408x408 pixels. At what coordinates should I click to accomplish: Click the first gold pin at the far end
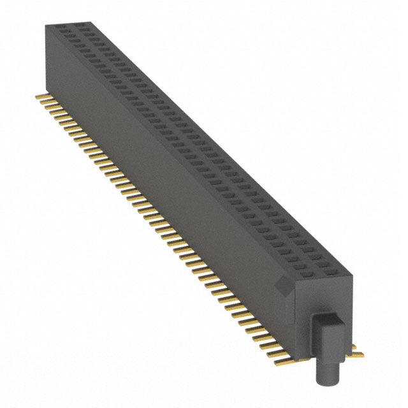pyautogui.click(x=39, y=96)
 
